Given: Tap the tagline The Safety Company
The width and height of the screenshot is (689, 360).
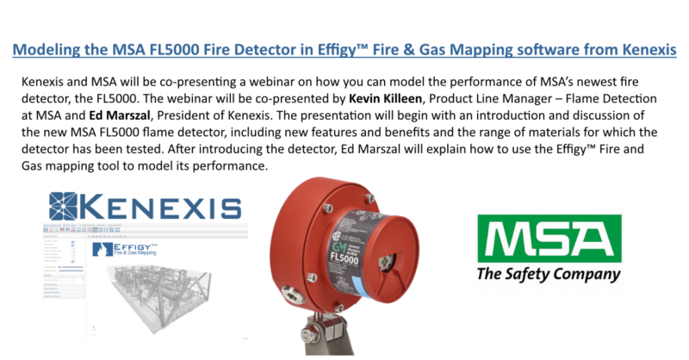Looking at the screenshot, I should [549, 275].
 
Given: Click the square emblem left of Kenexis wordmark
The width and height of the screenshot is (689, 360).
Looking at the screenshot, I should [65, 208].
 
